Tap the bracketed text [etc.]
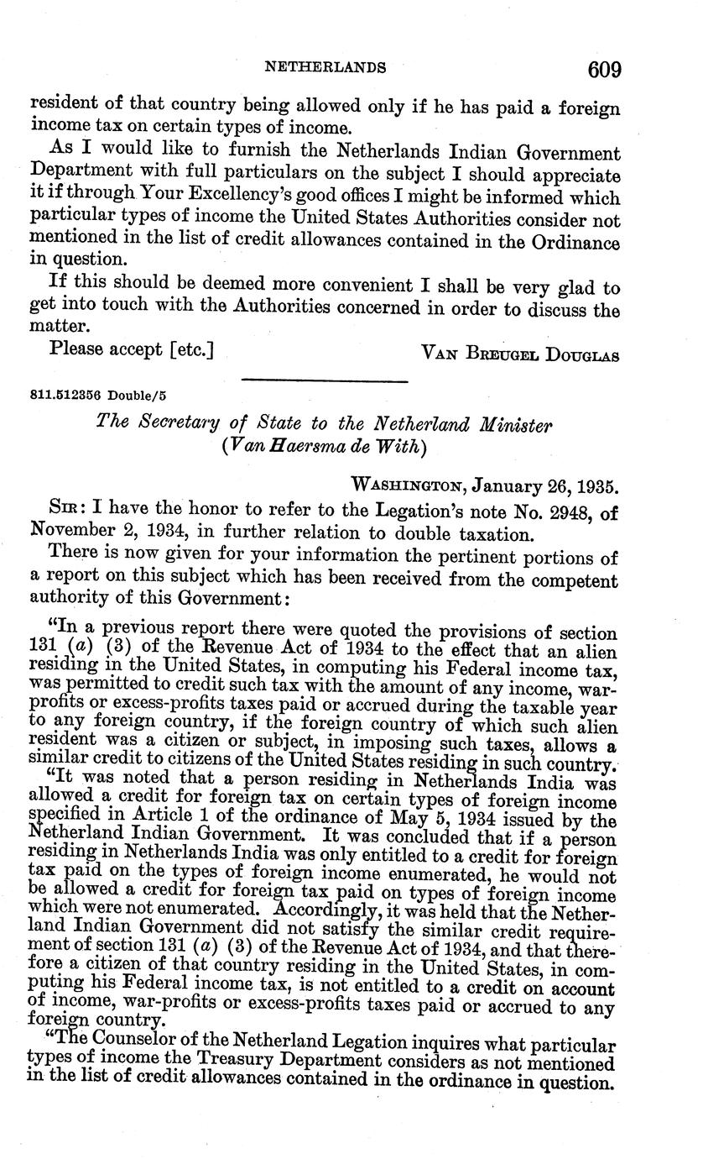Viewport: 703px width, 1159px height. (x=192, y=347)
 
